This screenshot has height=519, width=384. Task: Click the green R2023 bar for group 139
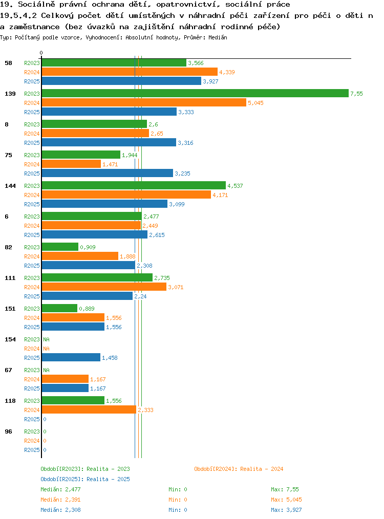[195, 93]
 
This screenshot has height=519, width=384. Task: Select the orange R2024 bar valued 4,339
[130, 72]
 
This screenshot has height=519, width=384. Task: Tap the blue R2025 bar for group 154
[71, 357]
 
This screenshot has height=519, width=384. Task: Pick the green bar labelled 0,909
[60, 247]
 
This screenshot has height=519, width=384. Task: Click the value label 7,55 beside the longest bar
[356, 94]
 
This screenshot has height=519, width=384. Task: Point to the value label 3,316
[185, 143]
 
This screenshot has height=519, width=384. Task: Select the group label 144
[10, 186]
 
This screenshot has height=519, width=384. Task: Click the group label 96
[8, 431]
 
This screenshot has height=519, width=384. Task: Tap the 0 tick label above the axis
[41, 53]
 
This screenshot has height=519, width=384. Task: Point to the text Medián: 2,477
[60, 489]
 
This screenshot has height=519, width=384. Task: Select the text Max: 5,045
[286, 500]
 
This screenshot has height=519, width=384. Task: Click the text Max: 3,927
[286, 510]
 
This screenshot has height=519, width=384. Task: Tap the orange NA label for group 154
[47, 349]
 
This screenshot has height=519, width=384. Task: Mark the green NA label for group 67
[47, 370]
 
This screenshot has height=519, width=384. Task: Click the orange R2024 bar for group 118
[89, 409]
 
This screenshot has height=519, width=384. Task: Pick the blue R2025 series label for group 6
[32, 235]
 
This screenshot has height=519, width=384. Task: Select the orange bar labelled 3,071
[104, 287]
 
